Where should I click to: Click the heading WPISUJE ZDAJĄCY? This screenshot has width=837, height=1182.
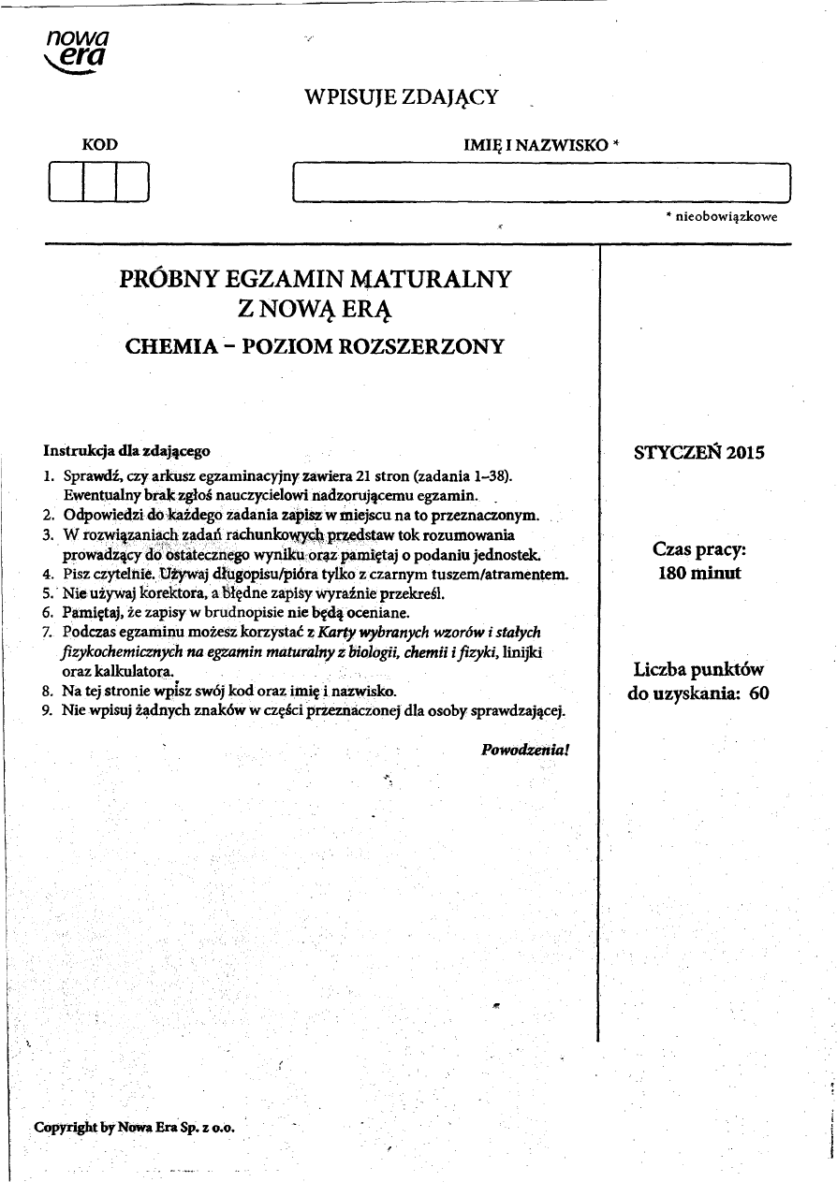coord(402,97)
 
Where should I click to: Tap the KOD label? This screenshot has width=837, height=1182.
coord(100,145)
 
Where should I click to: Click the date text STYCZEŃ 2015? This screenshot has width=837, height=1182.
coord(699,453)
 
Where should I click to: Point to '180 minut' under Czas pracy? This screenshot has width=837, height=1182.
coord(699,573)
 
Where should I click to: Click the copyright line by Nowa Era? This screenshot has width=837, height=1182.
coord(134,1126)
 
